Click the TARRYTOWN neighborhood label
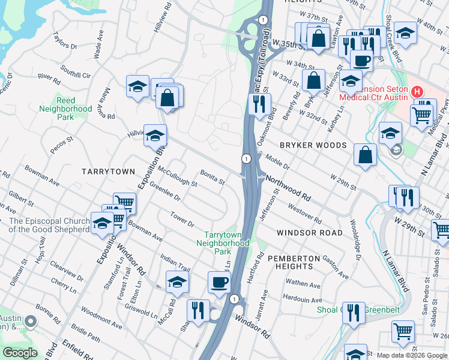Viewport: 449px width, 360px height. point(109,172)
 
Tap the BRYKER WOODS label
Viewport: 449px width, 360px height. point(313,146)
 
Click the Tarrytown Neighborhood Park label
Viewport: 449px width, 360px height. point(226,243)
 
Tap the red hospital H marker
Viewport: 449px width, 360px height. point(417,92)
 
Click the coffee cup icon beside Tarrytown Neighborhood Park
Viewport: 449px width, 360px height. point(219,282)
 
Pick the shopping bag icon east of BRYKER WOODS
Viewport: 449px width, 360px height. point(365,155)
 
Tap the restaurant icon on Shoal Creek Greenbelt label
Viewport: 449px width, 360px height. point(354,313)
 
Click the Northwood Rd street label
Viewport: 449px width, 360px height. point(288,188)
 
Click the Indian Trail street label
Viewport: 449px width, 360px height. point(175,262)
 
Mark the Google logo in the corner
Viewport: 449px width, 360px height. point(20,353)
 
